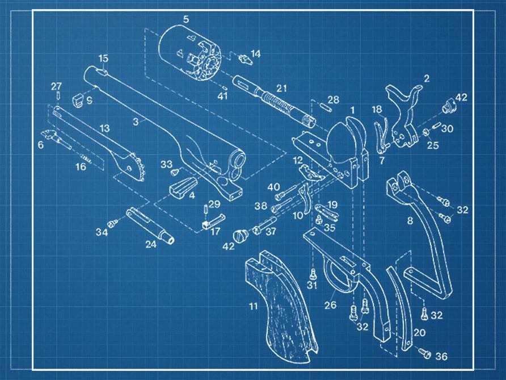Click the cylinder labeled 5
click(187, 54)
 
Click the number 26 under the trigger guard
click(330, 305)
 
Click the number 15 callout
click(103, 59)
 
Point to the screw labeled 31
click(312, 274)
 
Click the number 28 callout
click(333, 100)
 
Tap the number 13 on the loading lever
click(104, 129)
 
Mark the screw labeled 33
click(176, 170)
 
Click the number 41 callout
click(222, 96)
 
